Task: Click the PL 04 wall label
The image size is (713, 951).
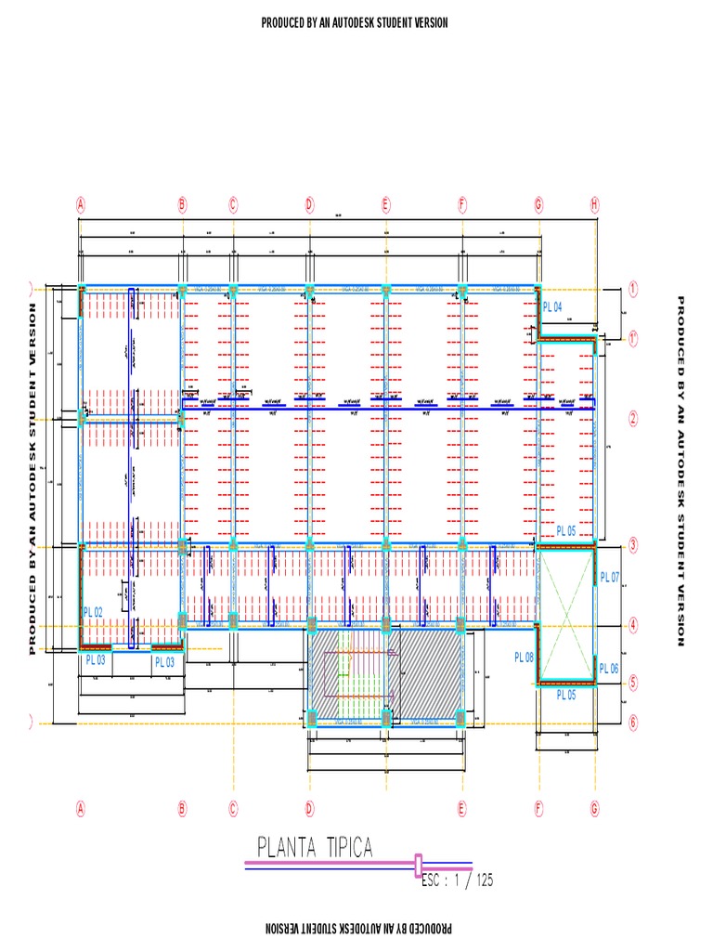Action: [553, 307]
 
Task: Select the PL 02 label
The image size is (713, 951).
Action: [92, 612]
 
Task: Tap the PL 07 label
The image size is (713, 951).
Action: [609, 578]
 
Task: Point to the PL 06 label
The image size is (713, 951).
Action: [609, 669]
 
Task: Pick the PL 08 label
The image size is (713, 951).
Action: [525, 658]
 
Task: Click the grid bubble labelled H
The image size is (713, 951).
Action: [595, 203]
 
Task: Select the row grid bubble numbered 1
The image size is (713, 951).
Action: [633, 289]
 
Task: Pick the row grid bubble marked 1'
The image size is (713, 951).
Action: [633, 340]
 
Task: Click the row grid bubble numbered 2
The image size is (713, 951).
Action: [633, 418]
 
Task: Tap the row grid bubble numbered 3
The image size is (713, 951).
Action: [633, 545]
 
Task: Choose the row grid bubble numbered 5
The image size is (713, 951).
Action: [633, 684]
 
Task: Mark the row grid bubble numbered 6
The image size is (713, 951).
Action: [633, 722]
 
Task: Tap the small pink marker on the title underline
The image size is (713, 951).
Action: [418, 864]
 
